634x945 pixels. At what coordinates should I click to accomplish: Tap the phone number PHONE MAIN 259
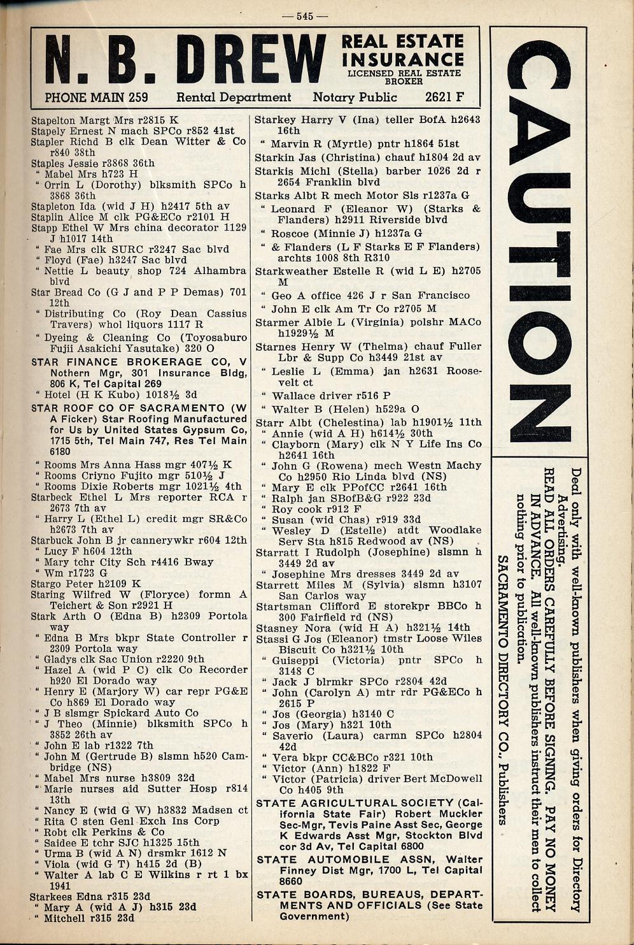(x=96, y=97)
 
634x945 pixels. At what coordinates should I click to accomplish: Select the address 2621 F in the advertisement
(x=445, y=97)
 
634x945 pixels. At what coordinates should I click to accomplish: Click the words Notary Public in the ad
(x=355, y=97)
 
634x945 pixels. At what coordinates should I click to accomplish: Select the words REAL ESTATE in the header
(x=402, y=41)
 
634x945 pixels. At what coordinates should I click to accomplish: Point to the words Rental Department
(x=234, y=97)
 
